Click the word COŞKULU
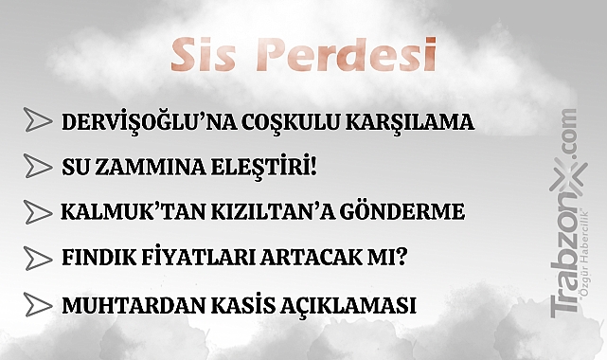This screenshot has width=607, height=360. point(278,123)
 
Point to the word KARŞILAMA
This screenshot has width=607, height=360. point(407,123)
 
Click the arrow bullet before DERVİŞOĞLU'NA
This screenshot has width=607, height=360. point(38,122)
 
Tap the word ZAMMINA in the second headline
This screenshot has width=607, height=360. point(140,168)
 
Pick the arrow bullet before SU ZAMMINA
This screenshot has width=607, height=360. point(38,167)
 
